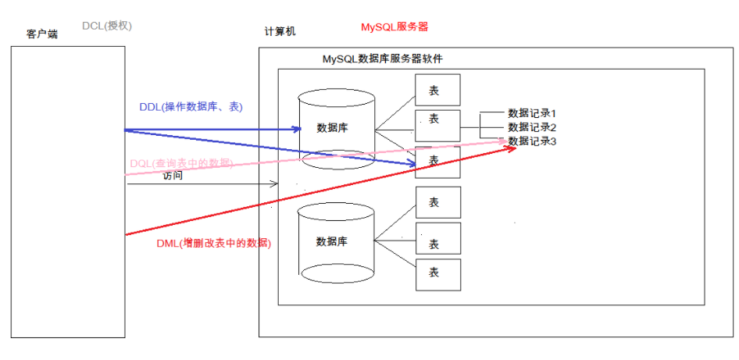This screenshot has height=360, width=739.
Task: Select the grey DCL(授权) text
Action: (x=107, y=26)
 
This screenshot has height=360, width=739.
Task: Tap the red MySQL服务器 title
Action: (x=394, y=27)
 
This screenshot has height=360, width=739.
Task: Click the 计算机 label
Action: (x=280, y=32)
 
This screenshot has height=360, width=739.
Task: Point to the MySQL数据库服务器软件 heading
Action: (x=383, y=59)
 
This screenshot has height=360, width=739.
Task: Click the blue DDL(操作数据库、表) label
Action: (x=191, y=107)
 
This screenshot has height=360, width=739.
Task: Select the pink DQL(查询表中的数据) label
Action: (x=180, y=162)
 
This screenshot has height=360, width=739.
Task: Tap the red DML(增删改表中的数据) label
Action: (x=213, y=244)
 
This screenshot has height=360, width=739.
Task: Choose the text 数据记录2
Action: (x=531, y=127)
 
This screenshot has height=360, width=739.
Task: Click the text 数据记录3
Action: (x=531, y=141)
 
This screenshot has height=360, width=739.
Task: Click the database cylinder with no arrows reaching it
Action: (x=336, y=241)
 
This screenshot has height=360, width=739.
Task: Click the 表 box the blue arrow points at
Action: (x=437, y=162)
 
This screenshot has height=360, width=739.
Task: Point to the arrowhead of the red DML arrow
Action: (x=512, y=147)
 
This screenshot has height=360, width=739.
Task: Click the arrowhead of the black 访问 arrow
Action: (x=274, y=184)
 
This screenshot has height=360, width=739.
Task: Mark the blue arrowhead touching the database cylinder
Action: (x=298, y=128)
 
